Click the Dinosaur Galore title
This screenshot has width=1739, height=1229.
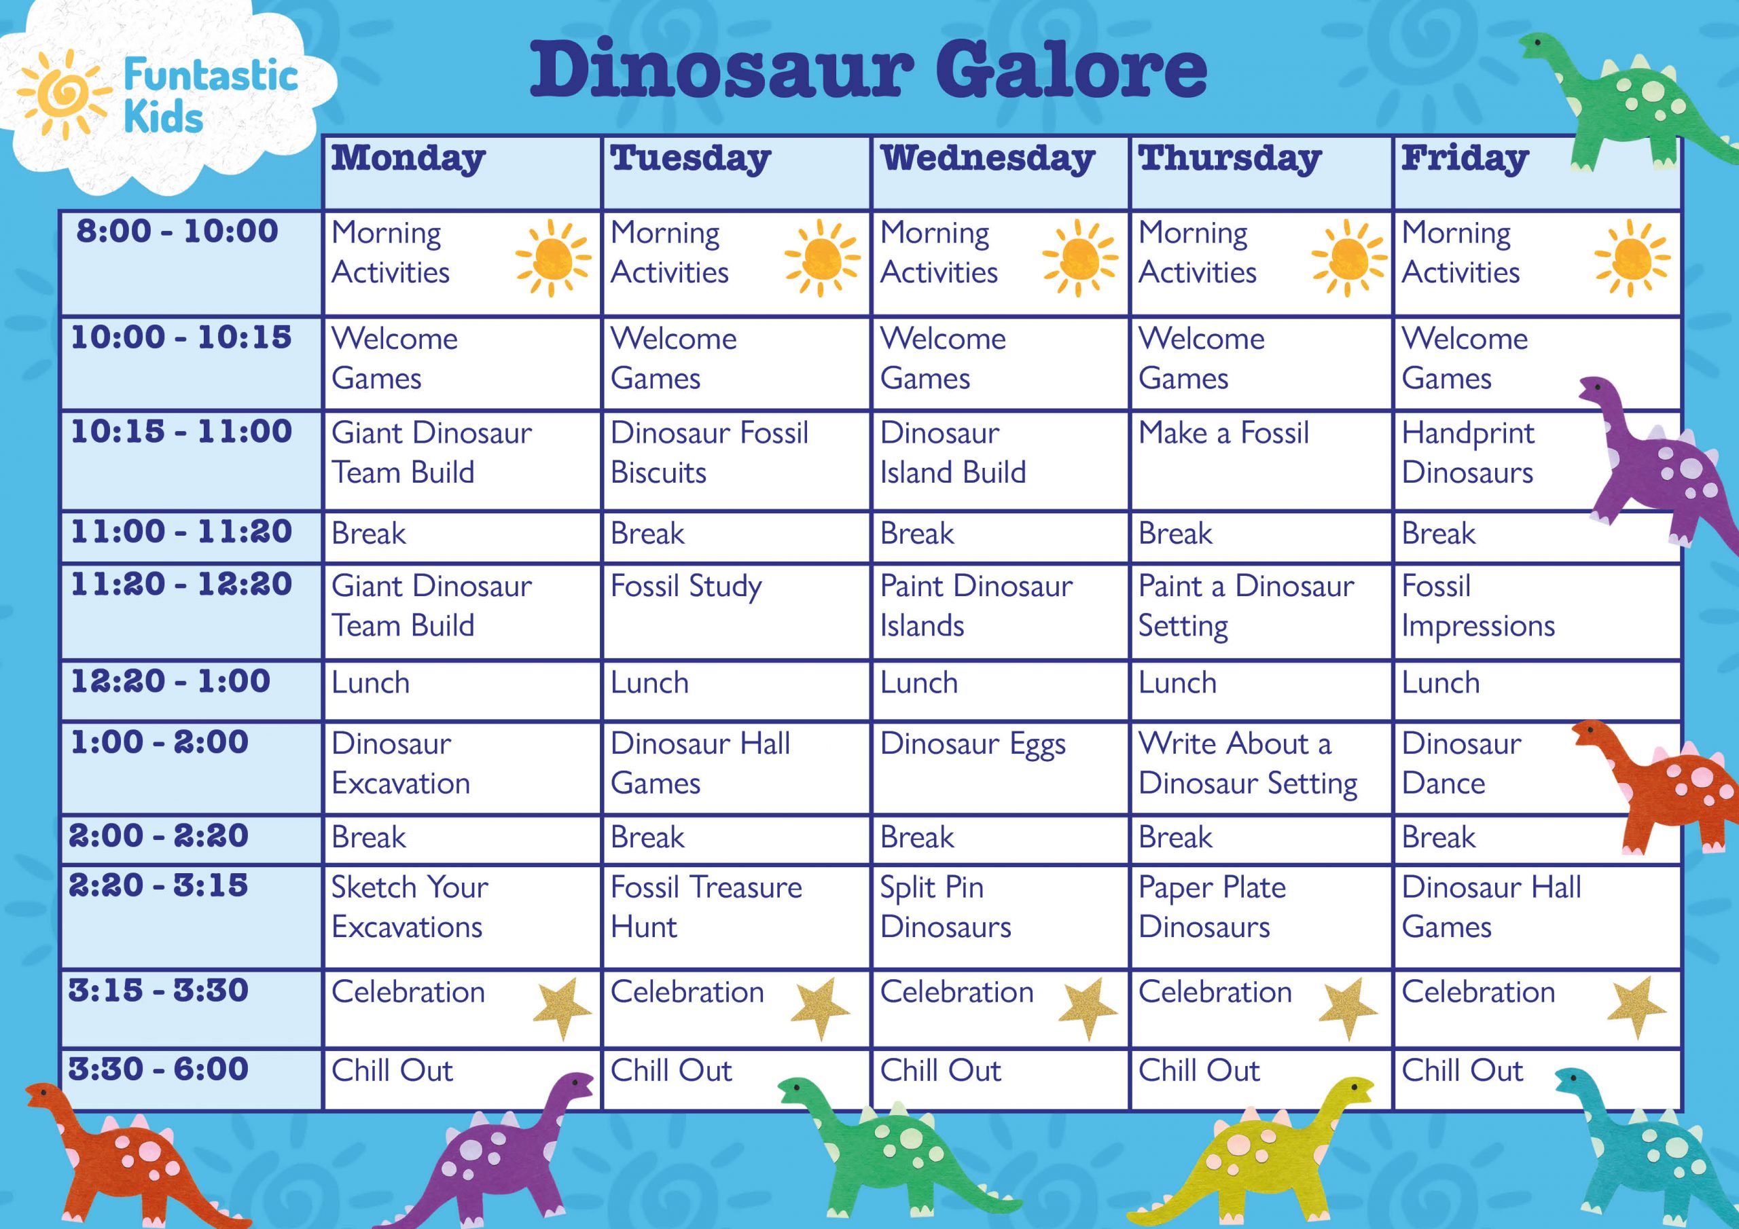[x=868, y=71]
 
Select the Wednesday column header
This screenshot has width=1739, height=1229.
[x=988, y=159]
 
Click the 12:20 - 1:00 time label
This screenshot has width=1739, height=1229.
[x=171, y=682]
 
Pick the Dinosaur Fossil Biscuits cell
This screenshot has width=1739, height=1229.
[x=709, y=453]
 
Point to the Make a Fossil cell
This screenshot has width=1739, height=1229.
[x=1223, y=433]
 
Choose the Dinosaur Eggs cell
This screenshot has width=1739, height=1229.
[x=973, y=744]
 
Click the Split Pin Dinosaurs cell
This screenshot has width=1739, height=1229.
[x=945, y=907]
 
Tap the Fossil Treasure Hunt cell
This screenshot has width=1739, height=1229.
[x=706, y=907]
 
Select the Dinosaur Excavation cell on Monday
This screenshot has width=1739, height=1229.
[x=401, y=763]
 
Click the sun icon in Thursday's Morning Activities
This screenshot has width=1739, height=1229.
[x=1348, y=258]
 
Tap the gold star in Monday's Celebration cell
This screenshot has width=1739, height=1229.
[x=561, y=1007]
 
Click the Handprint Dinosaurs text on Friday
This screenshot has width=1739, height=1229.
[x=1468, y=453]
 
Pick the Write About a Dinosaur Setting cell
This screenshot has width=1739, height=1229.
[x=1247, y=763]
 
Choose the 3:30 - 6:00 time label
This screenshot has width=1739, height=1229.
[x=158, y=1069]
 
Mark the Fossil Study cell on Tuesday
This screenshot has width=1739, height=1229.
[x=686, y=587]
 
